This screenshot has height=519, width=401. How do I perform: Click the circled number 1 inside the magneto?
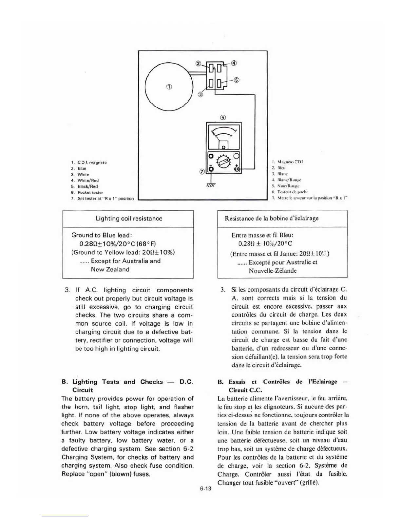coord(169,87)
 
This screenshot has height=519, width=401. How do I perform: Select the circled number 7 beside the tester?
coord(202,171)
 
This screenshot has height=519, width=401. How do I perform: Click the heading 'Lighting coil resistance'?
coord(129,219)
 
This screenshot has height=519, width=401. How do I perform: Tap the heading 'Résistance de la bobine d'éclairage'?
coord(272,218)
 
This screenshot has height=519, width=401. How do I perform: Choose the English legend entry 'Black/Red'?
coord(87,186)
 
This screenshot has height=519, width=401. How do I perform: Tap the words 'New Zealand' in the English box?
coord(110,269)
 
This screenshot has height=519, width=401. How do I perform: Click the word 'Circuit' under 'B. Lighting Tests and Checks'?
coord(83,390)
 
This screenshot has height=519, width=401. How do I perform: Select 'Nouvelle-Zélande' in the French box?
coord(273,271)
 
